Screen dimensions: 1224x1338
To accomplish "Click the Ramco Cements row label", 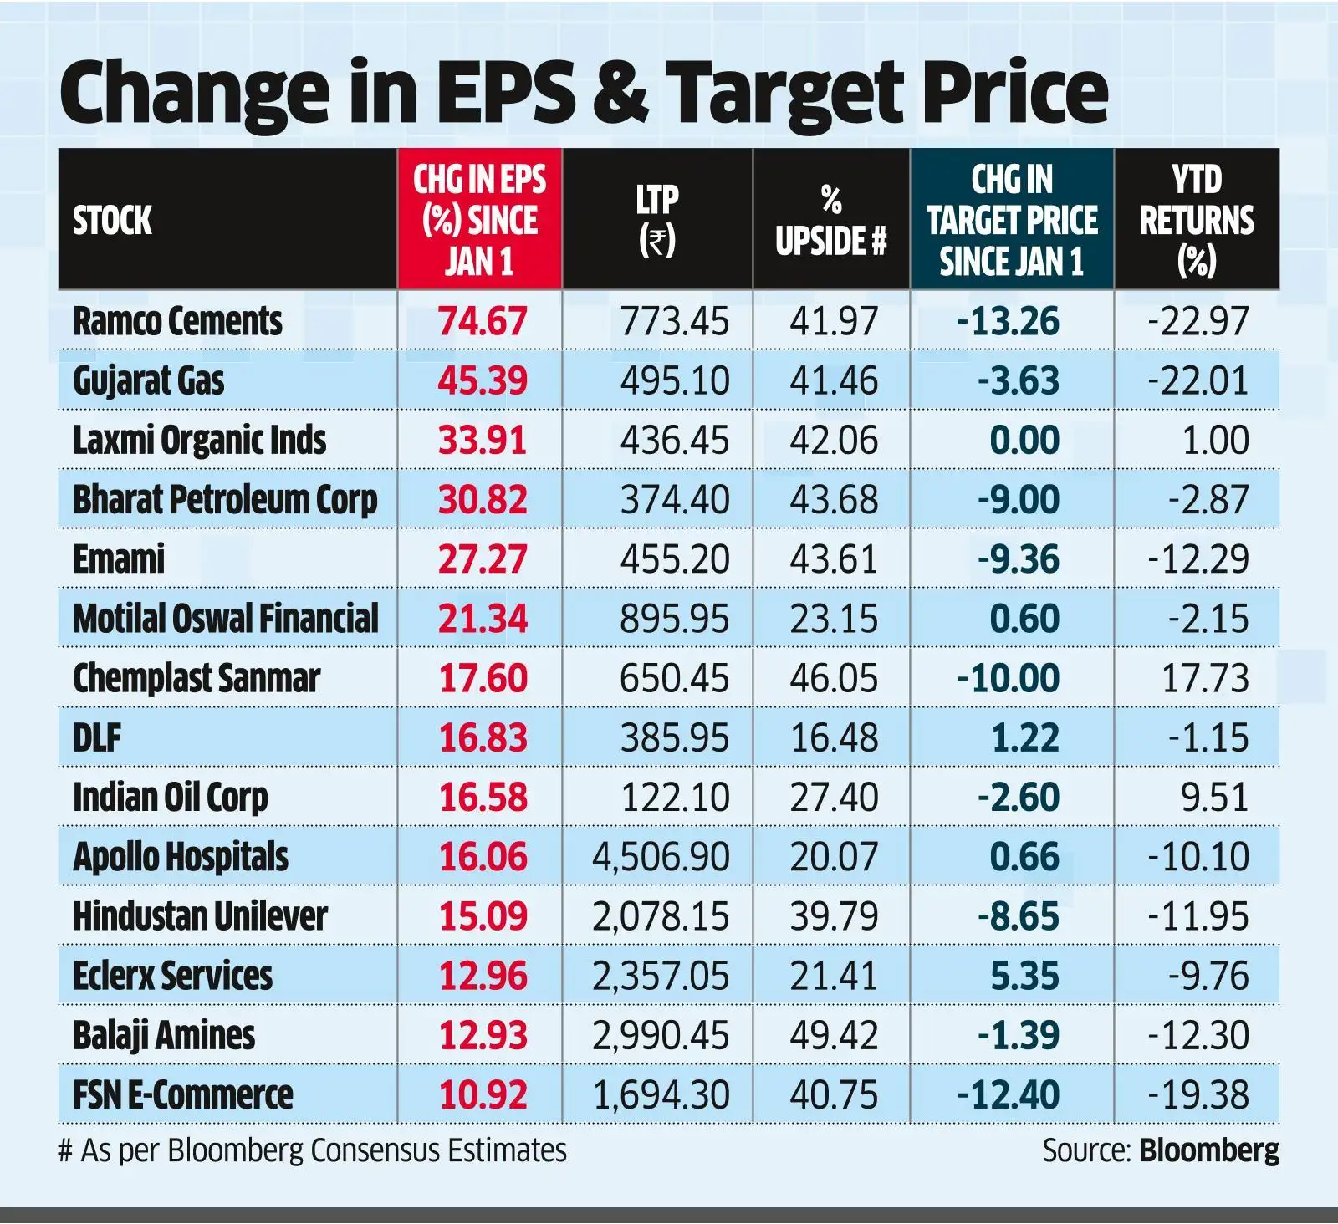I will click(177, 322).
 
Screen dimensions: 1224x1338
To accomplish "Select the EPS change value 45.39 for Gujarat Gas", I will click(483, 381).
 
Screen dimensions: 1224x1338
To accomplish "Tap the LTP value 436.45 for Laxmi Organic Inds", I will click(674, 441).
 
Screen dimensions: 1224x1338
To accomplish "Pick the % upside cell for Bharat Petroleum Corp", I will click(834, 500).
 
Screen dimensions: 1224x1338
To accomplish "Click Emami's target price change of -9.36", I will click(1018, 559).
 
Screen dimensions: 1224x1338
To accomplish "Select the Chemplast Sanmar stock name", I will click(197, 679).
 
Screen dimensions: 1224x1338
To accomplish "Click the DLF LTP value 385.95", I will click(674, 738).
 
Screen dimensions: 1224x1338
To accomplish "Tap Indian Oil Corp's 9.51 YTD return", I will click(1214, 798).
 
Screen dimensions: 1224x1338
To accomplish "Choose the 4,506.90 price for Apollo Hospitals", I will click(661, 857).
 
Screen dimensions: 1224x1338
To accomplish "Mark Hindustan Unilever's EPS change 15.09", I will click(483, 916).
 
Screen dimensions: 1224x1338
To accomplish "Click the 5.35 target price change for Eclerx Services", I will click(1024, 977).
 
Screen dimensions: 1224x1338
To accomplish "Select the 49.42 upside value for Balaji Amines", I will click(834, 1036).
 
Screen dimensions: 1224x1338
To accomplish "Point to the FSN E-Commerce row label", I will click(182, 1095).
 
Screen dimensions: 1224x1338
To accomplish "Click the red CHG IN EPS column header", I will click(479, 220).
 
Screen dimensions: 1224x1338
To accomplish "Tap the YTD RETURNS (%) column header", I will click(1197, 220).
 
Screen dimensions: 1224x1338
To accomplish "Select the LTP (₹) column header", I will click(656, 220).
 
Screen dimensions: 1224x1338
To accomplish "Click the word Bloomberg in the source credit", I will click(1208, 1151).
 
